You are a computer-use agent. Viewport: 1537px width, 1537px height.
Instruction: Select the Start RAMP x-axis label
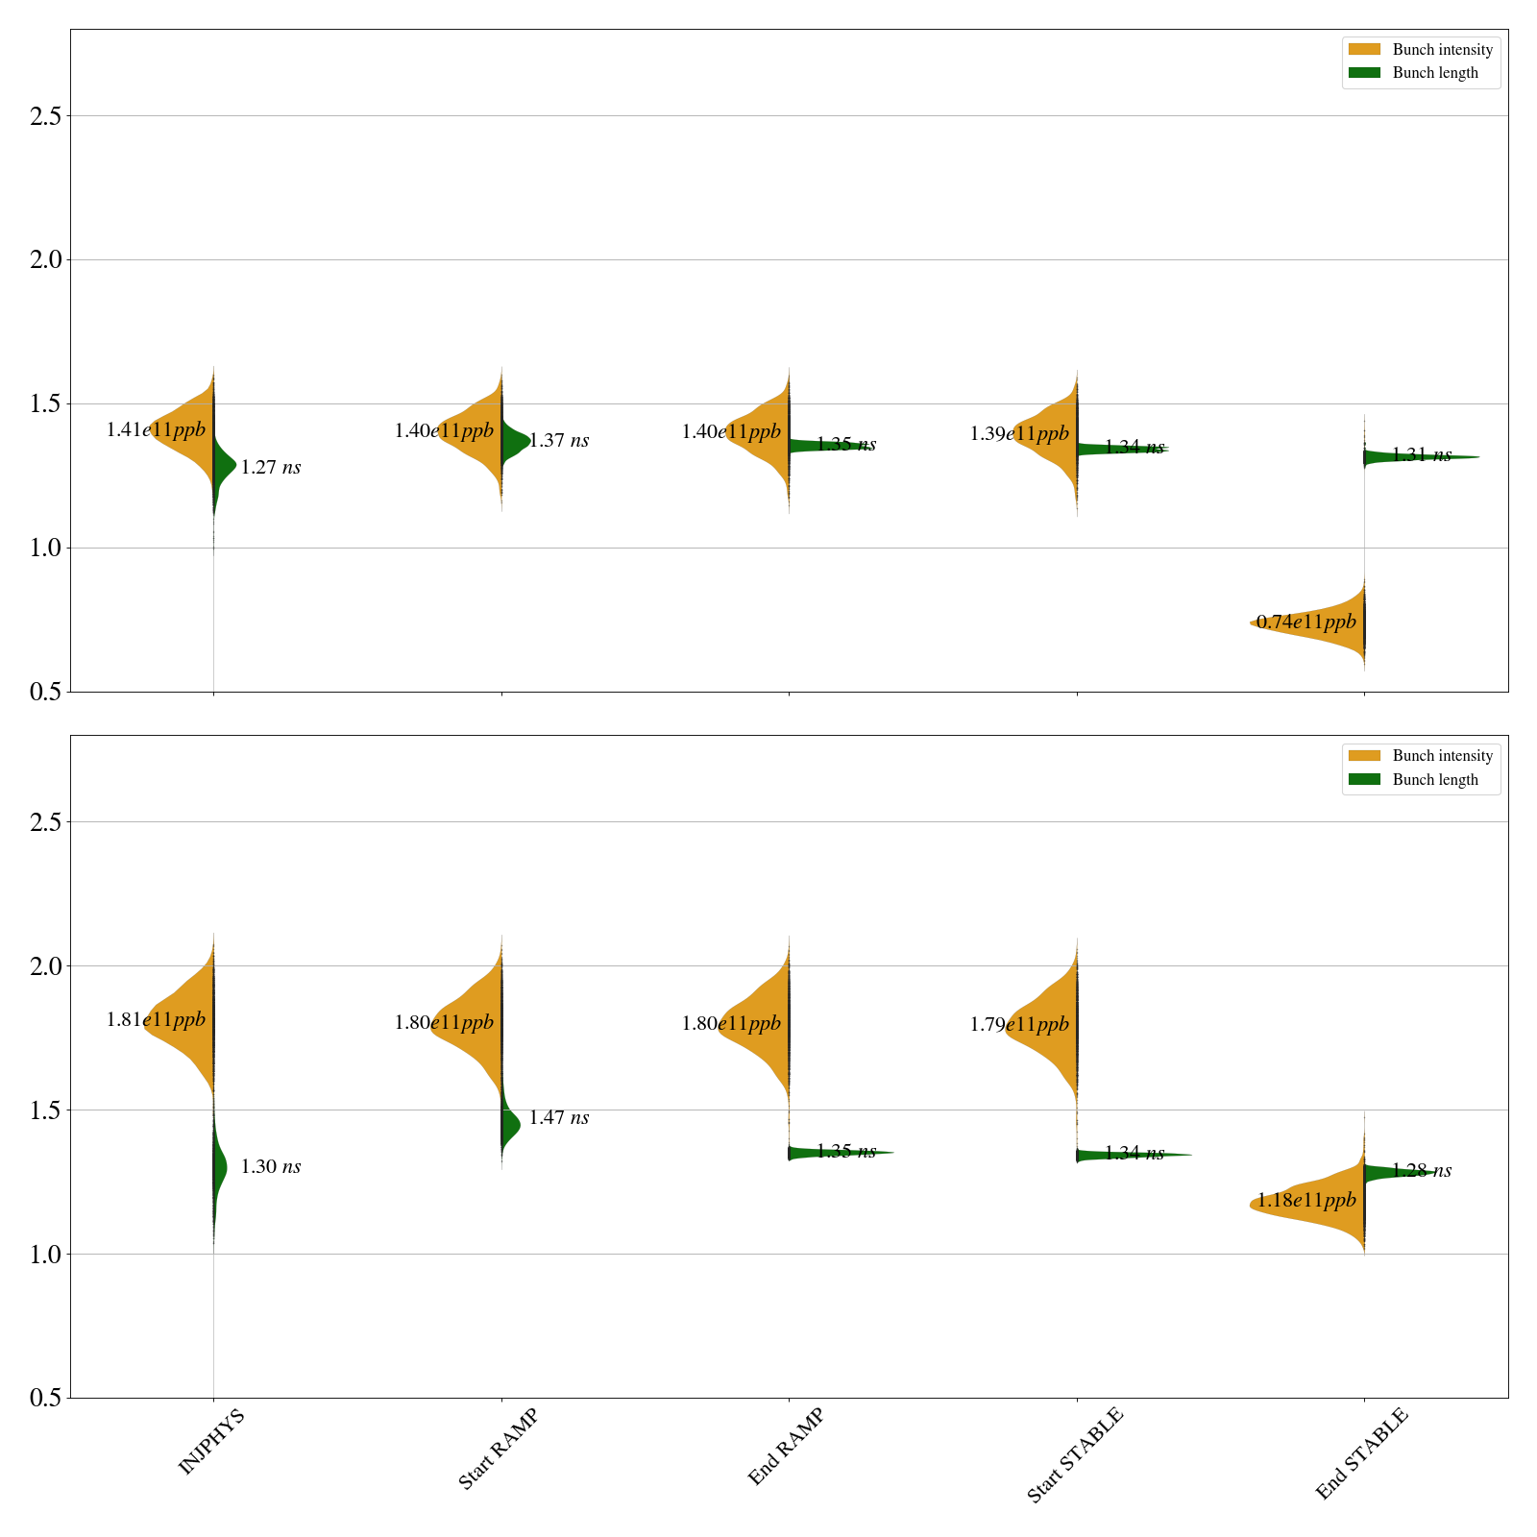click(x=498, y=1449)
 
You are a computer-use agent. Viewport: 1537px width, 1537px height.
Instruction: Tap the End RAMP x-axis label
click(x=786, y=1447)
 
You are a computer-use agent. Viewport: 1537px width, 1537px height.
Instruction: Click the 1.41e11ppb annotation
click(x=156, y=430)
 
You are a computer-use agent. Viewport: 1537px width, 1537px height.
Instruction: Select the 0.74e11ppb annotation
click(x=1306, y=622)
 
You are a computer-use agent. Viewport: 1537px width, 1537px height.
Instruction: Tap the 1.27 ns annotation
click(x=270, y=468)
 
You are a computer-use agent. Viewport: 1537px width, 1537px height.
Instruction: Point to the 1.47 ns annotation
click(x=558, y=1118)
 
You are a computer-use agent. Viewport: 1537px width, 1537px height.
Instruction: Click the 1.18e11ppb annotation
click(x=1306, y=1201)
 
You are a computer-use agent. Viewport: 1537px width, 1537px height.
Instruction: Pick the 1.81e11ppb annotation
click(x=156, y=1020)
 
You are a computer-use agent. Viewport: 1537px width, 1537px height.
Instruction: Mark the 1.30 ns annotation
click(x=270, y=1167)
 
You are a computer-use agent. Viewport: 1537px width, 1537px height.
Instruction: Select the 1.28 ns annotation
click(x=1421, y=1171)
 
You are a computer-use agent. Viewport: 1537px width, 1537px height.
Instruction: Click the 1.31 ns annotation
click(x=1421, y=455)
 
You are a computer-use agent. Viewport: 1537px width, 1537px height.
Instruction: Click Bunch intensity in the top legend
click(x=1442, y=50)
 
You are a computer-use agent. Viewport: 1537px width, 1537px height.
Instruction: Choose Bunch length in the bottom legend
click(x=1435, y=780)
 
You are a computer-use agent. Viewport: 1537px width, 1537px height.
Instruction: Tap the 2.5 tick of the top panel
click(x=45, y=116)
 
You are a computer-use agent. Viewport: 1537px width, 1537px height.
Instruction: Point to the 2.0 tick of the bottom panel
click(x=45, y=966)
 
